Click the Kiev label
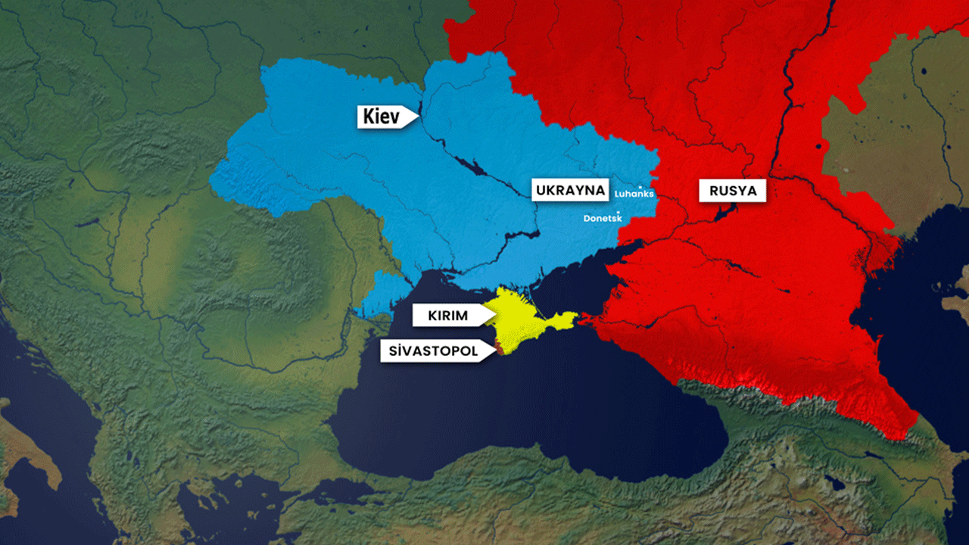click(383, 117)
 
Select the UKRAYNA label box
click(570, 190)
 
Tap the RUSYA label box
click(733, 191)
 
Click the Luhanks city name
click(634, 195)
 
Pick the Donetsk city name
click(602, 219)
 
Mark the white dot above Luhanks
click(640, 186)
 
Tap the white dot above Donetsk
click(619, 212)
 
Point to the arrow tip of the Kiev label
click(419, 117)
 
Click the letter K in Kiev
click(369, 117)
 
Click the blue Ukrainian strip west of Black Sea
click(379, 295)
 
